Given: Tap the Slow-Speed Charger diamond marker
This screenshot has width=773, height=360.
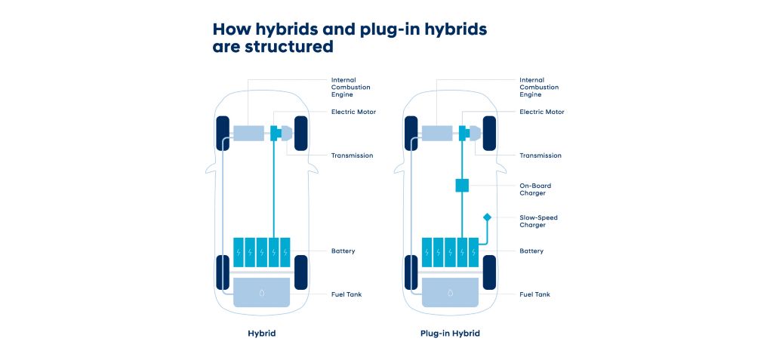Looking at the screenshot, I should (487, 217).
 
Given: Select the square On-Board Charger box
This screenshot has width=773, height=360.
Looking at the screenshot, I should (463, 186).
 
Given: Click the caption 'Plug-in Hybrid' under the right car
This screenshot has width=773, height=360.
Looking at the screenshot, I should (450, 333).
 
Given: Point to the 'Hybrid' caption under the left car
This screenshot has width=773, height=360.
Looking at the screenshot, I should (261, 333).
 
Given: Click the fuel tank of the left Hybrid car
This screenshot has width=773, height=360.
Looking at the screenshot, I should (261, 292).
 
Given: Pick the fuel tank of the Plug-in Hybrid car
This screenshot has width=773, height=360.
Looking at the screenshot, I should (450, 292).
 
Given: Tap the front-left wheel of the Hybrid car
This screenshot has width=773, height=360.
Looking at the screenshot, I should (223, 134).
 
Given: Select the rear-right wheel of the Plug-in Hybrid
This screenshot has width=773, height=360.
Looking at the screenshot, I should (489, 272).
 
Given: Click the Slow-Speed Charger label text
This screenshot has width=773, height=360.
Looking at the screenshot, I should (538, 221).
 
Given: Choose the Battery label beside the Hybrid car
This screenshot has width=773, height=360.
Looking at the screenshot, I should (343, 251).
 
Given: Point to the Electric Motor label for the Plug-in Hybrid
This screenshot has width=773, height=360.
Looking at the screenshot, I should (541, 112).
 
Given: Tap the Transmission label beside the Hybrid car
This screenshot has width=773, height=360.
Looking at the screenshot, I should (352, 155).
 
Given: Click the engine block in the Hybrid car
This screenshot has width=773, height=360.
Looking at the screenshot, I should (248, 134).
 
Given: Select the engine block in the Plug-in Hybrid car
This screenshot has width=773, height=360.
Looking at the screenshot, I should (437, 134).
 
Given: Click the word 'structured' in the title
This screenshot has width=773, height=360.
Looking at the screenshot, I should (291, 47).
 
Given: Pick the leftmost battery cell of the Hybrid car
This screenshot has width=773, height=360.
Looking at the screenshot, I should (239, 252).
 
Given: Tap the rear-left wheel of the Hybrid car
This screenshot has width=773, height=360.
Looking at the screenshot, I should (223, 272).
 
